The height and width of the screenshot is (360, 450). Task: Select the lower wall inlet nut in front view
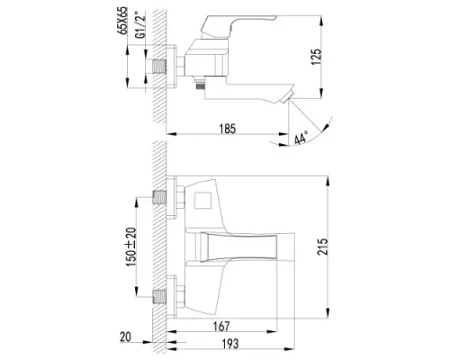point(164,294)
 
